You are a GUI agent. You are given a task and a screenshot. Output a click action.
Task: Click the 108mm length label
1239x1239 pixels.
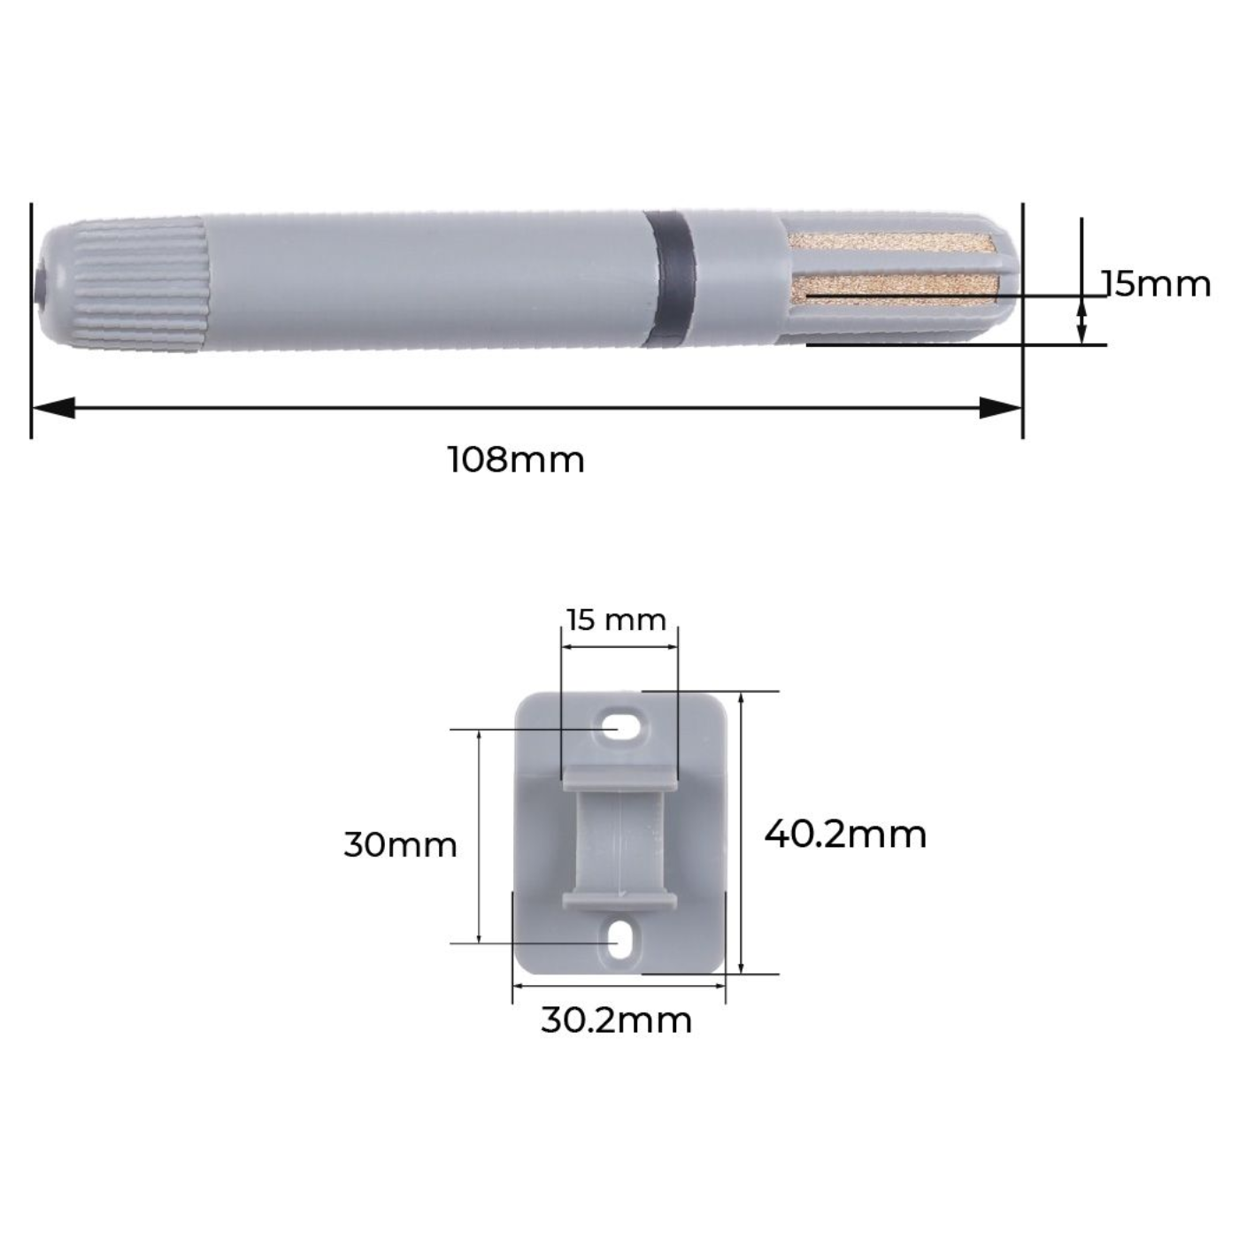(516, 460)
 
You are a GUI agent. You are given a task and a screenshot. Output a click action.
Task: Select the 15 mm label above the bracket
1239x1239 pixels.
(616, 619)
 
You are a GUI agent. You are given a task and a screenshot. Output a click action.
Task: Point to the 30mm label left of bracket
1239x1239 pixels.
(400, 844)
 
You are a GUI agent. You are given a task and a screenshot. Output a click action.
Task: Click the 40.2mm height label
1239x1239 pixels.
(845, 834)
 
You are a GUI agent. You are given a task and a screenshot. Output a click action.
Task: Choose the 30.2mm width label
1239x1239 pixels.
(616, 1020)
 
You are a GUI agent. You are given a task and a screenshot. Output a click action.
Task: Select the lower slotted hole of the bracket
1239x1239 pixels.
(623, 940)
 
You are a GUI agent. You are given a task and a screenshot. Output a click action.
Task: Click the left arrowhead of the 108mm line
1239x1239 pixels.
(53, 408)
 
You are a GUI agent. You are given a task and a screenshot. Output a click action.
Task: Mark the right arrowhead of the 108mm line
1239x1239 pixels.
(1000, 408)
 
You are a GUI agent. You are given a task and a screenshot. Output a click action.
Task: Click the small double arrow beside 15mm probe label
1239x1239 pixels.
(1081, 320)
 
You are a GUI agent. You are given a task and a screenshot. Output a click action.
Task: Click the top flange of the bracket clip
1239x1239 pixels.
(619, 776)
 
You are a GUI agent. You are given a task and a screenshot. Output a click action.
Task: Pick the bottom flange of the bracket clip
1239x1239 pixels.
(619, 901)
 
